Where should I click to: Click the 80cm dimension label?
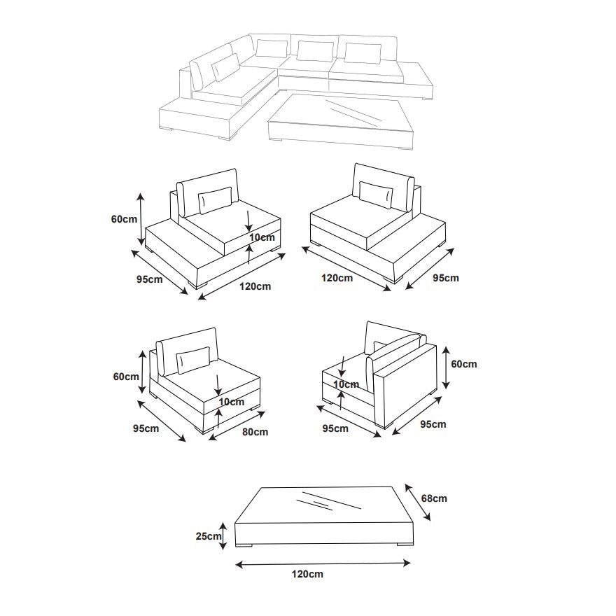[255, 432]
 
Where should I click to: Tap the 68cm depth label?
[434, 498]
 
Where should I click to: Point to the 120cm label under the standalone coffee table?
[307, 574]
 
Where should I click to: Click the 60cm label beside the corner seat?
[463, 364]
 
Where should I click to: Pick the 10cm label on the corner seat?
[346, 384]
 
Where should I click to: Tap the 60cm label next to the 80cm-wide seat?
[126, 377]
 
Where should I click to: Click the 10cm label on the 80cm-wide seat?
[231, 402]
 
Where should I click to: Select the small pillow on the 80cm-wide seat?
[193, 359]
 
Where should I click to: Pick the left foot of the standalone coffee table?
[244, 545]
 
